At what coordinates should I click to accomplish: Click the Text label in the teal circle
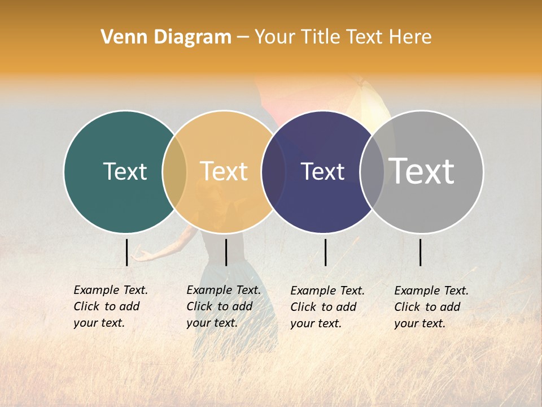point(125,171)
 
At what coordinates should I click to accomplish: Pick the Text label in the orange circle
point(224,171)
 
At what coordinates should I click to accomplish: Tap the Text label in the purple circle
point(323,171)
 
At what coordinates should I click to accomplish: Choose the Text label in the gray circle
point(422,171)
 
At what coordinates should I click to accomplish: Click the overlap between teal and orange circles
point(174,172)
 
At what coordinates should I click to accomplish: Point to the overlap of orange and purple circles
point(273,172)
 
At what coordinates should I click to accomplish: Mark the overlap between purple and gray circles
point(372,172)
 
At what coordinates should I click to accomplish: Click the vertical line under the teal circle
point(127,252)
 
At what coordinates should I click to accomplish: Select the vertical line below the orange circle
point(226,252)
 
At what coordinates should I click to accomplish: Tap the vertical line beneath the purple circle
point(325,252)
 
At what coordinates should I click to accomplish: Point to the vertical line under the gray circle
point(420,252)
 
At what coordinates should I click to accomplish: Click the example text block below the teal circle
point(110,306)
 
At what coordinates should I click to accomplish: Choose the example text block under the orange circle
point(223,306)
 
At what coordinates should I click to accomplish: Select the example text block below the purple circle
point(327,307)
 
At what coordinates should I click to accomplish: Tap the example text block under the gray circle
point(431,307)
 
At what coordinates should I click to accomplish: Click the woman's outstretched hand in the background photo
point(141,257)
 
